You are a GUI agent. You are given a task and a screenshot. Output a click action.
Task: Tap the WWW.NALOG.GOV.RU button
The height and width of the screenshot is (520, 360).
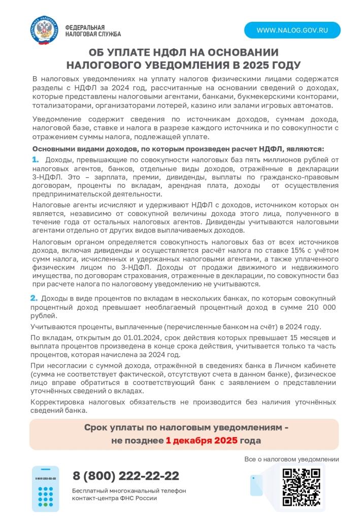(x=292, y=30)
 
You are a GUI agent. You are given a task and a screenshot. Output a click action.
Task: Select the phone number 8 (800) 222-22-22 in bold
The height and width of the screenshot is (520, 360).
(x=126, y=476)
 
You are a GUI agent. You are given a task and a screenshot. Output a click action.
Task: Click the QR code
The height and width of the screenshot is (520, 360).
(x=301, y=486)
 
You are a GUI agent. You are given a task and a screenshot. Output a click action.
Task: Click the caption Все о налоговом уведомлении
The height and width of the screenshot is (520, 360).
(x=291, y=459)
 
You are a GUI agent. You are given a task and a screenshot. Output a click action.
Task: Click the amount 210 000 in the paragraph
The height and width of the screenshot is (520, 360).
(x=317, y=307)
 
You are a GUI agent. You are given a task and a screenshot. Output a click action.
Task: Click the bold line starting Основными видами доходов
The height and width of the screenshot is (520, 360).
(x=178, y=149)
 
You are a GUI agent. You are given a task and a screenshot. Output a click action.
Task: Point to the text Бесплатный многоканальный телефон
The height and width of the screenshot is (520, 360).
(x=129, y=491)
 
